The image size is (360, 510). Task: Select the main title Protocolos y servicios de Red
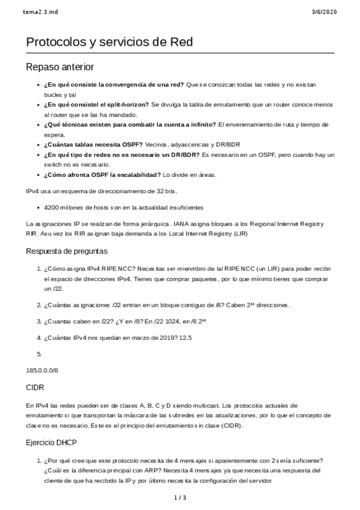109,41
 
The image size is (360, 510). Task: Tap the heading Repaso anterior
60,67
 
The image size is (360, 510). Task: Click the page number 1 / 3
180,497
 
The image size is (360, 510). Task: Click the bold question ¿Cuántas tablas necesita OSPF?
93,145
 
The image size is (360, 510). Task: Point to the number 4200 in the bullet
52,207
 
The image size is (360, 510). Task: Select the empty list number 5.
39,354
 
